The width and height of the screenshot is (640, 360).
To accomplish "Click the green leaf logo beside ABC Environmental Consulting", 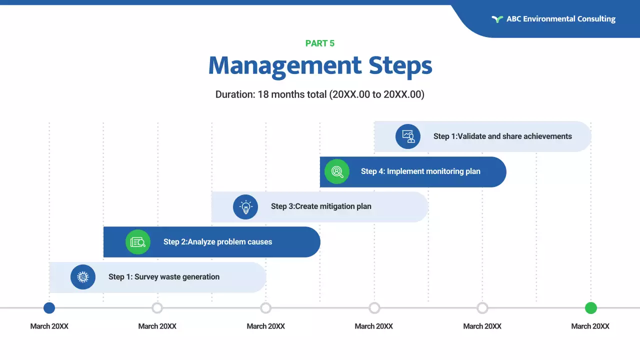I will (497, 19).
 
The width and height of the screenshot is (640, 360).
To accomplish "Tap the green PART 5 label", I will (320, 43).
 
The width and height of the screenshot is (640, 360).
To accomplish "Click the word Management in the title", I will (284, 66).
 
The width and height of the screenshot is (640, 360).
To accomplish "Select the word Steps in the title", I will (400, 66).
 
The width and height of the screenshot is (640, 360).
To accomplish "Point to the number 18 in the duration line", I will (263, 94).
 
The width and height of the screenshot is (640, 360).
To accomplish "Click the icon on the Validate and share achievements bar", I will (408, 136).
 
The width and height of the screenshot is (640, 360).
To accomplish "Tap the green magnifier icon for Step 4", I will (337, 171).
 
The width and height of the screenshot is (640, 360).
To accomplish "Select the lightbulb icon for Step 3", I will (245, 206).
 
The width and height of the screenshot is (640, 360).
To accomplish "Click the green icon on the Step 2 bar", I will (138, 242).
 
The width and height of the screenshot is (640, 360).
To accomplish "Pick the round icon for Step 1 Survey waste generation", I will (83, 277).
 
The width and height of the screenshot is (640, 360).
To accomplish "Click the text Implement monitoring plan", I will (433, 171).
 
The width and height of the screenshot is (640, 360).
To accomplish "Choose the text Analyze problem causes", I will (230, 242).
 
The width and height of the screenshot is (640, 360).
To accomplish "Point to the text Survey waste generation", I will (177, 277).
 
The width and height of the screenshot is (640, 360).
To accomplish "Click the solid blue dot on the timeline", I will (49, 308).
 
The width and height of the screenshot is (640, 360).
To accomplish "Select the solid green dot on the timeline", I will (591, 308).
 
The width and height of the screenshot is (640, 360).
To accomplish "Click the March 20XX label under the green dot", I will (590, 326).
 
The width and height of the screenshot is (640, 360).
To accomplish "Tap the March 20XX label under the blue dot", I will (49, 326).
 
